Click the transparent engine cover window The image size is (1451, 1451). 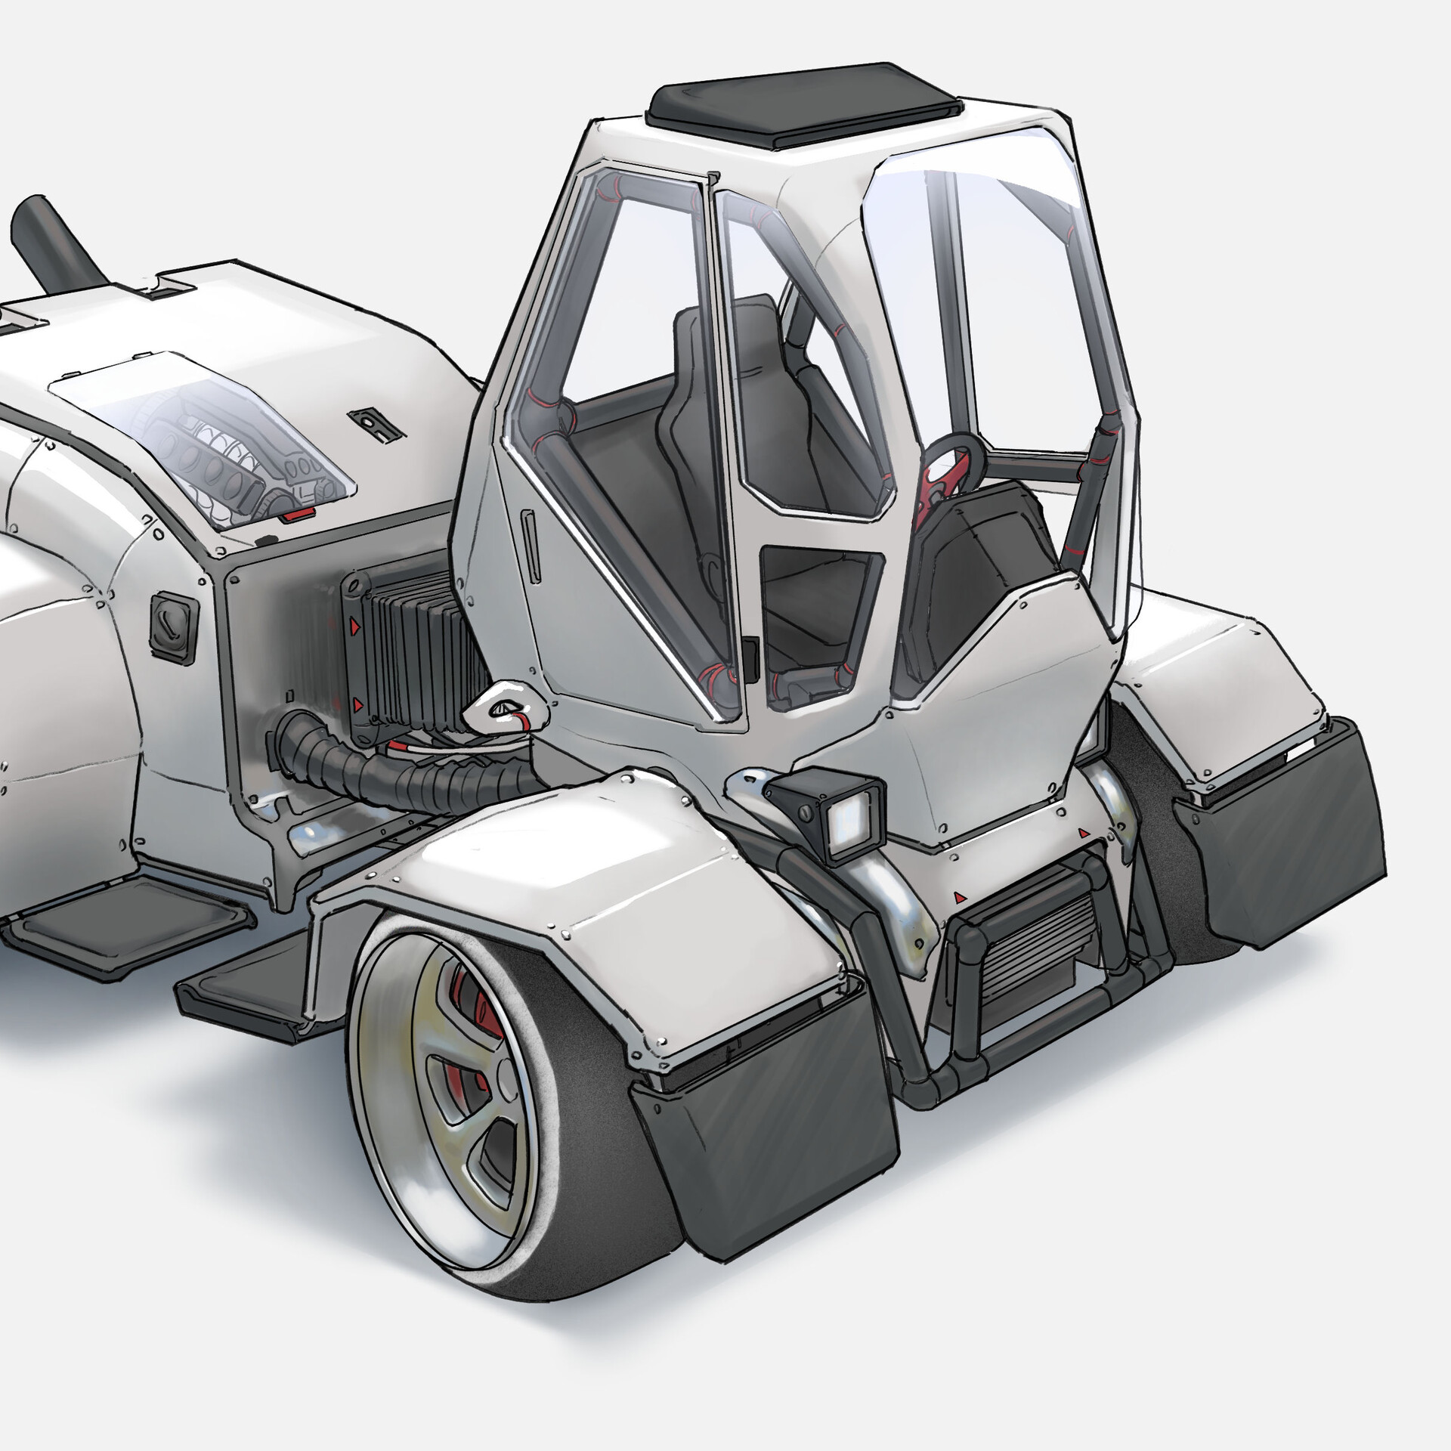204,438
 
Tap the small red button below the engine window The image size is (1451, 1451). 297,516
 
